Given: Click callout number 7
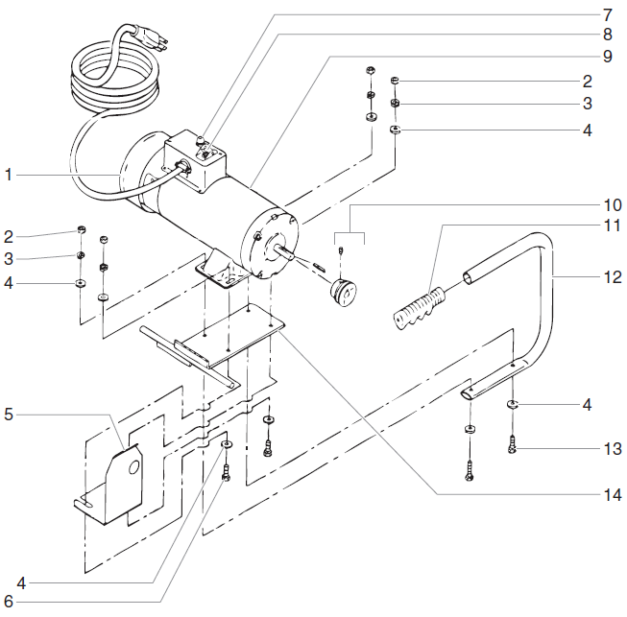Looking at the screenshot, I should (607, 15).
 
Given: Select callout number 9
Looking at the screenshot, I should (607, 57).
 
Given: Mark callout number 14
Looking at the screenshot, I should (612, 495).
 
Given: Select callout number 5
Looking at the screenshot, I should (9, 415).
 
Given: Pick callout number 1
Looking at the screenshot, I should (9, 175).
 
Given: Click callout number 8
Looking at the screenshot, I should (607, 36).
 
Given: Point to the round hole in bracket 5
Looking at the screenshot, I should (134, 467).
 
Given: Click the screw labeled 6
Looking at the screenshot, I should (227, 471).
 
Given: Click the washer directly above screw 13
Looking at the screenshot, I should (513, 405).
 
